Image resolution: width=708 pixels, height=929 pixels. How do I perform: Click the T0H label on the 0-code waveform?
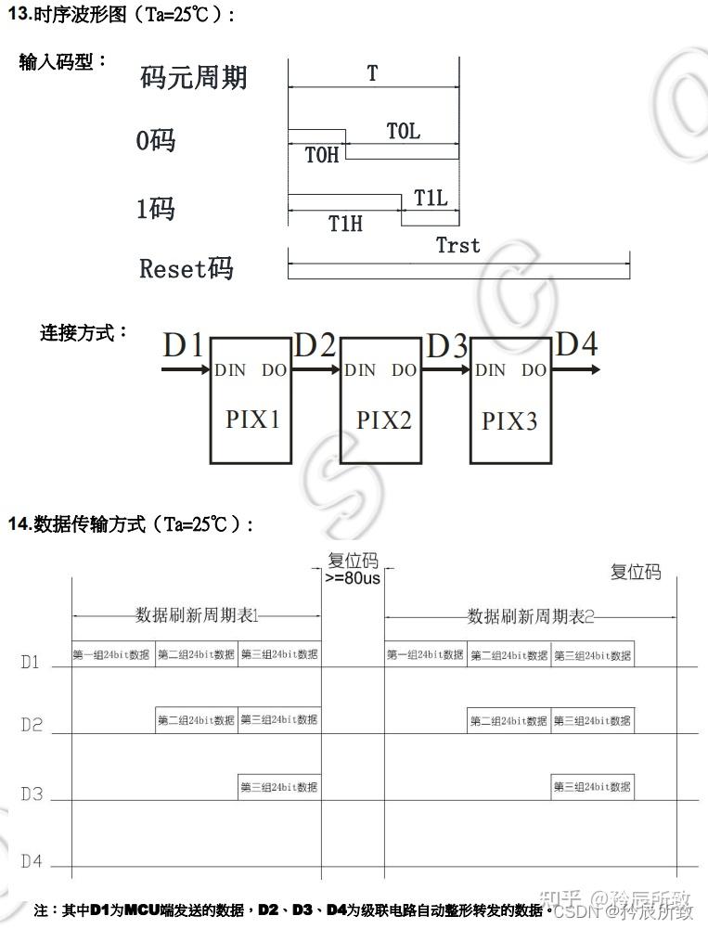click(x=322, y=155)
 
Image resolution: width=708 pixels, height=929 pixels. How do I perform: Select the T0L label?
click(x=403, y=131)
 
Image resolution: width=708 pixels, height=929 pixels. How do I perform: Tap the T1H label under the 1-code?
click(x=345, y=223)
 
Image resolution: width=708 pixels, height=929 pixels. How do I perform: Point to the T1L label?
click(x=431, y=198)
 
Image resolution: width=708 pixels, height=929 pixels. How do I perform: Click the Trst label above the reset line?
click(x=458, y=245)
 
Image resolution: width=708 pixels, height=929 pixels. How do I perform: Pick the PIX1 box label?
click(x=252, y=419)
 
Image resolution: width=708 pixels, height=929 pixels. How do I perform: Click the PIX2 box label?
click(x=383, y=419)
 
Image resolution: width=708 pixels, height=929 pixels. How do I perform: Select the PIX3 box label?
click(x=509, y=421)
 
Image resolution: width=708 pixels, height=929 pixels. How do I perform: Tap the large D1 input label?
click(x=183, y=346)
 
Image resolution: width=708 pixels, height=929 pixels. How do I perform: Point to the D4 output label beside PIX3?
click(x=576, y=344)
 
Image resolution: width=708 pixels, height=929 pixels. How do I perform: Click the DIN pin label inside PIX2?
click(x=360, y=370)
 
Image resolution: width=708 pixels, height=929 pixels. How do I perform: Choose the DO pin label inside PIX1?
click(x=274, y=370)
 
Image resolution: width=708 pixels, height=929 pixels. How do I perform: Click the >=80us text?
click(x=353, y=578)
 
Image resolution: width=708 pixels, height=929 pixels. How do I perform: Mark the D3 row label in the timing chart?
click(x=32, y=794)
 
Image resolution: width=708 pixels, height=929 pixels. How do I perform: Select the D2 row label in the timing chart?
click(x=32, y=725)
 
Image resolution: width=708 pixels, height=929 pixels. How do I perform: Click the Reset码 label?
click(x=186, y=269)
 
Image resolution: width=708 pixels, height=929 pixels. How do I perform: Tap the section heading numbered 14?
click(x=130, y=524)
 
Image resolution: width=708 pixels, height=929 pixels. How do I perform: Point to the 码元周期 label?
click(x=194, y=77)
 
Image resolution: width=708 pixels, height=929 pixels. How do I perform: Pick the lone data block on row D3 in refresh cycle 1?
click(x=279, y=786)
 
